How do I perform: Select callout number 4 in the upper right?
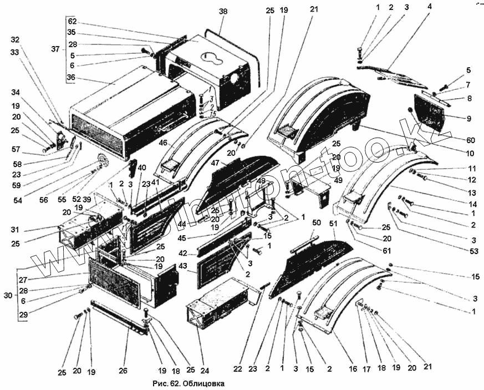point(430,7)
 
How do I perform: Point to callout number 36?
point(70,78)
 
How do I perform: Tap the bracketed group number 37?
point(55,49)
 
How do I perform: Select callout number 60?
point(471,140)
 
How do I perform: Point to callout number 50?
point(317,222)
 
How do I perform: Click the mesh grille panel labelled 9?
point(430,112)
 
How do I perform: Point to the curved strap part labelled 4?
point(397,74)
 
